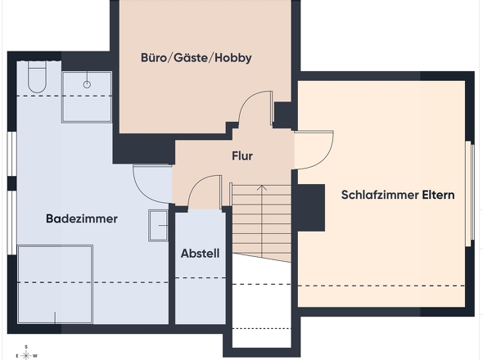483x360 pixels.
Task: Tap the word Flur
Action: pos(241,155)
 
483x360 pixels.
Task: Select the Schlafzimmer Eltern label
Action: pos(397,196)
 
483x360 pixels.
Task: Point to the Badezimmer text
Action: pos(82,219)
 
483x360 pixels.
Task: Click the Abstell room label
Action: pos(200,254)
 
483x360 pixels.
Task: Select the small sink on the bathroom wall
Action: pos(157,225)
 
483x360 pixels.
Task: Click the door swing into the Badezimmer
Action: pos(151,185)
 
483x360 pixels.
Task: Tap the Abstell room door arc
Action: pos(201,194)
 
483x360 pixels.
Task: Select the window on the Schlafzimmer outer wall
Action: pos(469,194)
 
